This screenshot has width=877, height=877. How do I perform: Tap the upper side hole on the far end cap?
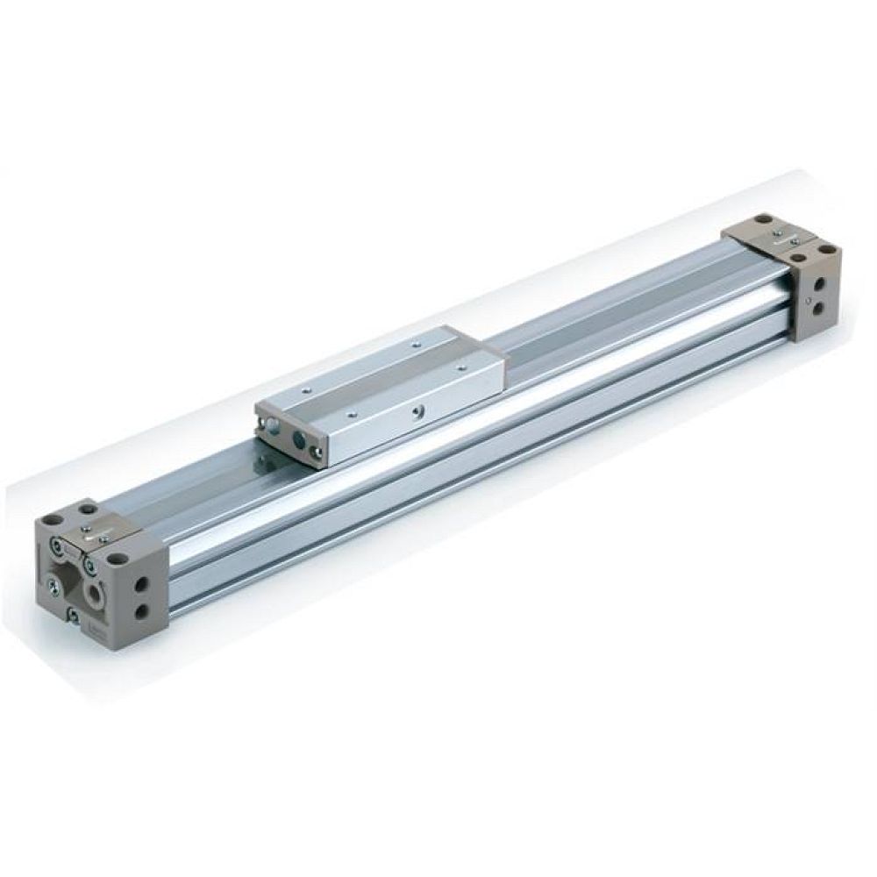818,283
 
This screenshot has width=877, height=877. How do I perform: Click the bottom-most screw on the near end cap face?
74,616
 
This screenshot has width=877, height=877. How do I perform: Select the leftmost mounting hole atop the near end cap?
61,524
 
